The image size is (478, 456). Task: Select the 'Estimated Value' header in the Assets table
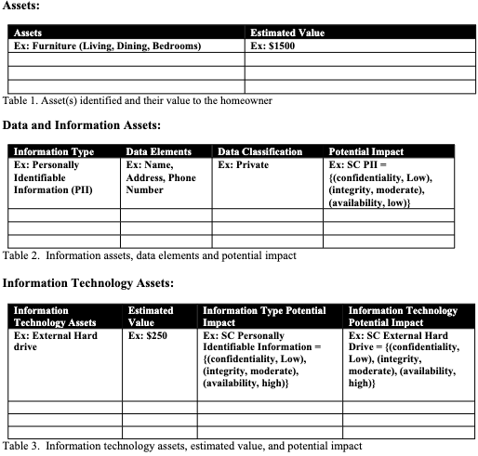[287, 33]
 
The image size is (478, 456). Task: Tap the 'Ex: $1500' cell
[272, 45]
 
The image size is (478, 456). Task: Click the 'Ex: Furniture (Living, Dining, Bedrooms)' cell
[107, 45]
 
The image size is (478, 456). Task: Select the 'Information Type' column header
[54, 151]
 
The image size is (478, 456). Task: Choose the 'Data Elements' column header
[158, 151]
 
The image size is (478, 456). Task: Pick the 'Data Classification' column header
[259, 151]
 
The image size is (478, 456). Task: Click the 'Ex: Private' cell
[243, 164]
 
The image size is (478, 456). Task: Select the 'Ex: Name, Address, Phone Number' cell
[160, 176]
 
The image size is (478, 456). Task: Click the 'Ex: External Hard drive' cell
[51, 341]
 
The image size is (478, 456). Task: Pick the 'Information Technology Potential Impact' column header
[403, 317]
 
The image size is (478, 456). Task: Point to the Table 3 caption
[182, 446]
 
